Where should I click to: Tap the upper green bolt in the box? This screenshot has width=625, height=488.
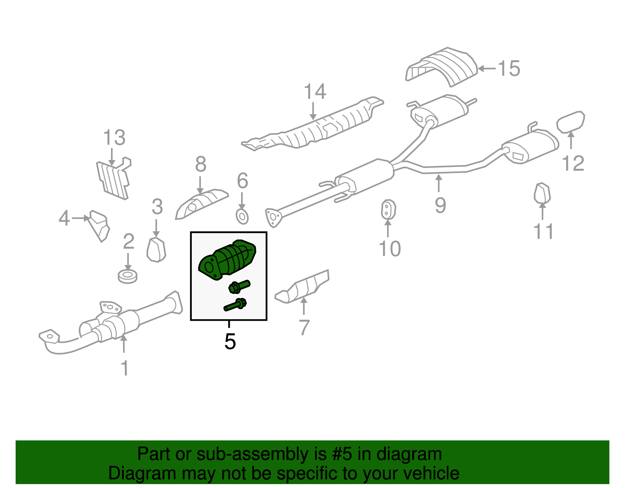[x=239, y=287]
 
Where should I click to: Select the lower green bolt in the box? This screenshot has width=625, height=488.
[x=236, y=305]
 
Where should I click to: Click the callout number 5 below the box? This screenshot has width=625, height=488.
[x=230, y=341]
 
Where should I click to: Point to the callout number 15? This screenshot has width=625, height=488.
[x=509, y=69]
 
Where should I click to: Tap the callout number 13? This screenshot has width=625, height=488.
[x=114, y=138]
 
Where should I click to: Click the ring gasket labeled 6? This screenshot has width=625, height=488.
[x=242, y=216]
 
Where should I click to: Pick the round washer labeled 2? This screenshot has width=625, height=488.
[x=128, y=276]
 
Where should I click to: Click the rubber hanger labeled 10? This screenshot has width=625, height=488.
[x=388, y=210]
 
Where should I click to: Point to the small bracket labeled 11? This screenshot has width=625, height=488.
[x=542, y=193]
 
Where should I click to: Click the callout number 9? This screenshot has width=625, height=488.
[x=440, y=205]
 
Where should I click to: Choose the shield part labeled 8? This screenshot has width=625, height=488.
[x=201, y=204]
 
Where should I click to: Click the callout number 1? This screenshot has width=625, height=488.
[x=125, y=368]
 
